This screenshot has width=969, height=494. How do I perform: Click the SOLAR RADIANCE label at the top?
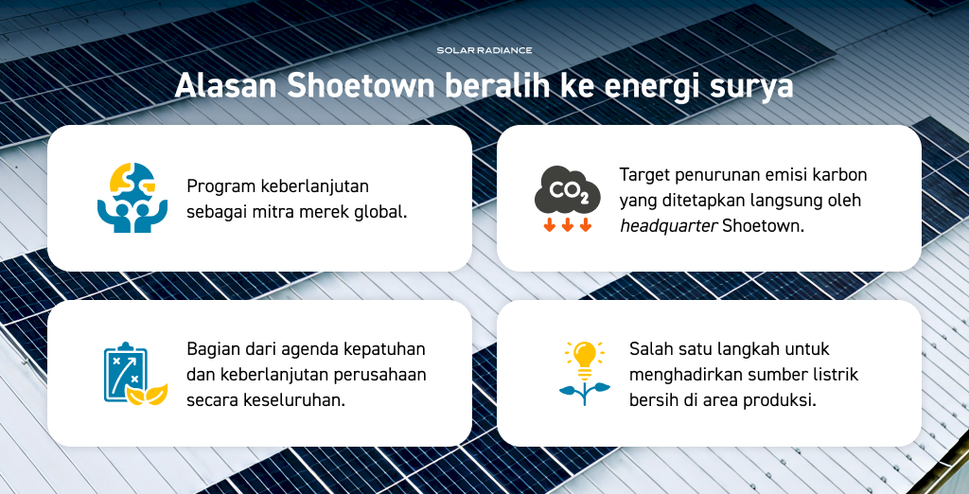click(484, 50)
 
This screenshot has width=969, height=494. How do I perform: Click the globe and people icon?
click(132, 198)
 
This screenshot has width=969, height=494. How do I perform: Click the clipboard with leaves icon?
click(135, 374)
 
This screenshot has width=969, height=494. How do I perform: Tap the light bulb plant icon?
click(584, 373)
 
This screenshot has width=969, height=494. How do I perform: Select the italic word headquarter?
click(669, 225)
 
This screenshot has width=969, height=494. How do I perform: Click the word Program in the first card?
click(220, 186)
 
